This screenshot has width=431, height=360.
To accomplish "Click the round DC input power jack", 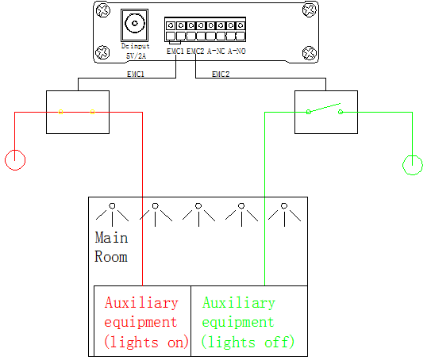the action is pyautogui.click(x=135, y=23).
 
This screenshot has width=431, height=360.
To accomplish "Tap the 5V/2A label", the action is pyautogui.click(x=136, y=56).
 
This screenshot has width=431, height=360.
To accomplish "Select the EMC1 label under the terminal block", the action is pyautogui.click(x=175, y=51).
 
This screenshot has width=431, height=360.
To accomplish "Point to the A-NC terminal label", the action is pyautogui.click(x=216, y=51).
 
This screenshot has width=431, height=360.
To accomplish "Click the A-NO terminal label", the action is pyautogui.click(x=237, y=51).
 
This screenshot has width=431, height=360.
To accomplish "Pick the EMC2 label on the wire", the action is pyautogui.click(x=221, y=75).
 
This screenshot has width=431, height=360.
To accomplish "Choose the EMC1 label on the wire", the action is pyautogui.click(x=136, y=75).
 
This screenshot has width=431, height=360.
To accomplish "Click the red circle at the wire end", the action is pyautogui.click(x=15, y=160).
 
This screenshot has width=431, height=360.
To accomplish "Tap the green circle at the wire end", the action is pyautogui.click(x=412, y=165).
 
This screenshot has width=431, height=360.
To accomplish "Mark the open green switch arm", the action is pyautogui.click(x=325, y=108).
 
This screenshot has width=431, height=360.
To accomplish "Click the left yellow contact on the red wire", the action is pyautogui.click(x=61, y=112).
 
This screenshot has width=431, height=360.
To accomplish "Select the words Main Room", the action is pyautogui.click(x=111, y=247).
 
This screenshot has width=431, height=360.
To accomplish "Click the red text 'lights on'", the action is pyautogui.click(x=146, y=343).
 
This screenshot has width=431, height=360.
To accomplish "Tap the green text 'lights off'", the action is pyautogui.click(x=248, y=343).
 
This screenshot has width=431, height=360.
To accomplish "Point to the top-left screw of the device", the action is pyautogui.click(x=103, y=11).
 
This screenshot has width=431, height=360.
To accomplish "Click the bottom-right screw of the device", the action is pyautogui.click(x=310, y=52).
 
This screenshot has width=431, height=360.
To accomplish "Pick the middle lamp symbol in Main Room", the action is pyautogui.click(x=198, y=214).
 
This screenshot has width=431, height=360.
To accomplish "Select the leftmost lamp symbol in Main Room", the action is pyautogui.click(x=112, y=214).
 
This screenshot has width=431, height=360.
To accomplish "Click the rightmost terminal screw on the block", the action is pyautogui.click(x=241, y=25).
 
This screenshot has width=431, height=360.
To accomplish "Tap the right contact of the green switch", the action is pyautogui.click(x=341, y=112).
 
